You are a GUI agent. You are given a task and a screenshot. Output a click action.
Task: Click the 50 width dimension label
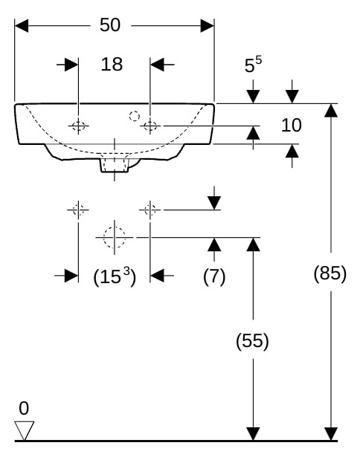[x=110, y=25]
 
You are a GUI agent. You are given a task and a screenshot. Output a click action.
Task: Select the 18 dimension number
[x=112, y=64]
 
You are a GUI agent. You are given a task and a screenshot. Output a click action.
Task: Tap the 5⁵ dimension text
[x=253, y=64]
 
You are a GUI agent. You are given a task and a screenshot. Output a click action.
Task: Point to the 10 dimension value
[x=292, y=125]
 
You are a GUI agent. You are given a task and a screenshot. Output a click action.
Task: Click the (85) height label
[x=330, y=273]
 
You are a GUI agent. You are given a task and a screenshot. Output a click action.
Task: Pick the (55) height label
[x=252, y=340]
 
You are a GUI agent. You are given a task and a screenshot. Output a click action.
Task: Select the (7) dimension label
[x=214, y=276]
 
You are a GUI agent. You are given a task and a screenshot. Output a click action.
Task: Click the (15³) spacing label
[x=115, y=276]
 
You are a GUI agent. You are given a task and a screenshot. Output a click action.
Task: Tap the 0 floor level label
[x=24, y=408]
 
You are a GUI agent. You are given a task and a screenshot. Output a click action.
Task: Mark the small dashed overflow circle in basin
[x=135, y=116]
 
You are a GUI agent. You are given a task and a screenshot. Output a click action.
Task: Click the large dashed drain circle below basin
[x=115, y=237]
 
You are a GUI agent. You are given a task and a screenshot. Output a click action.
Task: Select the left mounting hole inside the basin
[x=78, y=126]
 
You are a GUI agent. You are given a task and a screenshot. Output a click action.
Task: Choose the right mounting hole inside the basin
[x=150, y=126]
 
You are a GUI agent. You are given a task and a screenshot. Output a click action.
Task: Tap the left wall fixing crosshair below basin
[x=78, y=210]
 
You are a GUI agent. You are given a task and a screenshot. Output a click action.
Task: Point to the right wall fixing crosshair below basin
[x=150, y=210]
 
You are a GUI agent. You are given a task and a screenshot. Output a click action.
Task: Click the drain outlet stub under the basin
[x=115, y=165]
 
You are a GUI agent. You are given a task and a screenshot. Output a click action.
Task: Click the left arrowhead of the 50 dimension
[x=22, y=26]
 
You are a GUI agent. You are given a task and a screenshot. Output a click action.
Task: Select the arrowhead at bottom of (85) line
[x=331, y=433]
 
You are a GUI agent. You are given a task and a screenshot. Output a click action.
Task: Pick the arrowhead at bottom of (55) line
[x=253, y=433]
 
